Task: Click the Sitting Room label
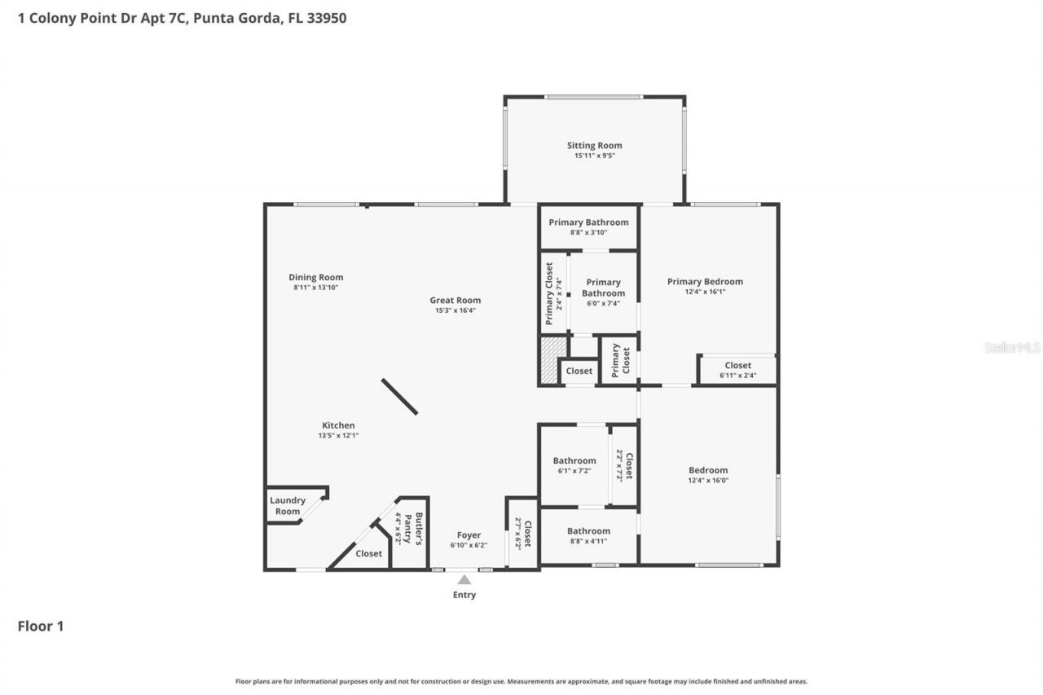pyautogui.click(x=594, y=146)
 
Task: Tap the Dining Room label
pyautogui.click(x=315, y=277)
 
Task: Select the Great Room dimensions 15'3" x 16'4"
pyautogui.click(x=455, y=310)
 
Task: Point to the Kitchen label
pyautogui.click(x=338, y=425)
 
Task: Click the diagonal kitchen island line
pyautogui.click(x=399, y=397)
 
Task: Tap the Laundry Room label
pyautogui.click(x=287, y=506)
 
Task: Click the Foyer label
pyautogui.click(x=469, y=535)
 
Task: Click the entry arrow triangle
pyautogui.click(x=464, y=580)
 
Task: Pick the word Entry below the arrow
pyautogui.click(x=464, y=595)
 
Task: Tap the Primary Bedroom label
pyautogui.click(x=705, y=282)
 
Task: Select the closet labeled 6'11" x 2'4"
pyautogui.click(x=737, y=370)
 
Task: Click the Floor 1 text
pyautogui.click(x=41, y=627)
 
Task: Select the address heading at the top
pyautogui.click(x=182, y=17)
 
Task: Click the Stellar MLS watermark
pyautogui.click(x=1012, y=347)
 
